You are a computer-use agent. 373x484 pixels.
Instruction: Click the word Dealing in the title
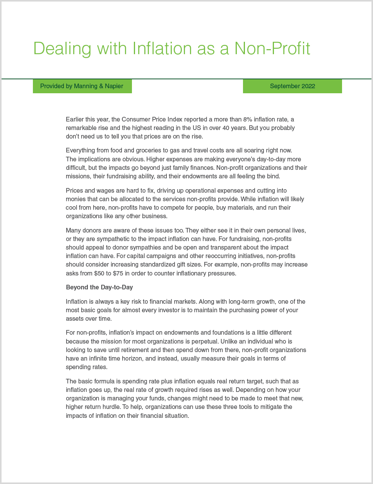point(62,49)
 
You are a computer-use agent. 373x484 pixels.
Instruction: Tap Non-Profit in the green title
point(272,49)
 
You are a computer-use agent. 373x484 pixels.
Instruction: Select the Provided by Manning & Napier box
point(82,86)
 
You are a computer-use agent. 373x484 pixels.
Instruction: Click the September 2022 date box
point(292,86)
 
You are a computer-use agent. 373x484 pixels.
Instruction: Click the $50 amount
point(99,274)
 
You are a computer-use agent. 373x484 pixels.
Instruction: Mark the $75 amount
point(118,274)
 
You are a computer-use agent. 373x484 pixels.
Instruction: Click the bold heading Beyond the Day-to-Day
point(99,287)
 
